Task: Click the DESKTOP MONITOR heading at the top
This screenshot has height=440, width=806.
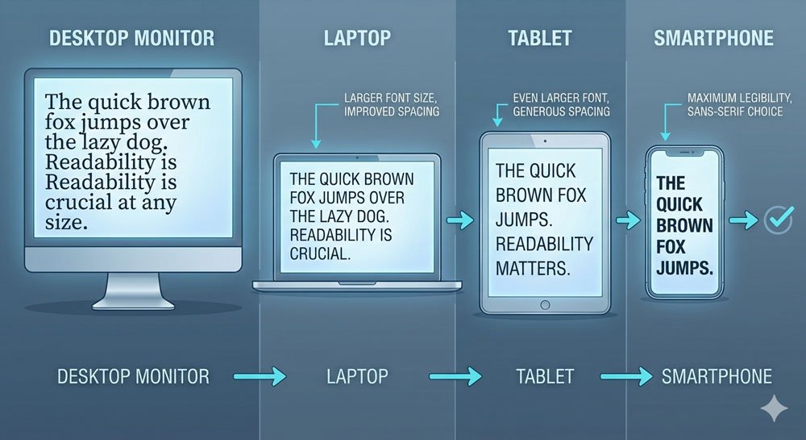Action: [x=131, y=38]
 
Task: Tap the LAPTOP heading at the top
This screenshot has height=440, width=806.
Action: [x=357, y=38]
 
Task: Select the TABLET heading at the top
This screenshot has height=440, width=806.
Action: [x=540, y=38]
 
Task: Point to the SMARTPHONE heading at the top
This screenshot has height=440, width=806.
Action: [x=713, y=38]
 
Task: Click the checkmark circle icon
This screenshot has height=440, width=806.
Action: [x=779, y=220]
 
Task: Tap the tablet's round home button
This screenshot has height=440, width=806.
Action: [x=546, y=305]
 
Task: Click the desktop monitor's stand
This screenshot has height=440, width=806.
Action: [x=133, y=291]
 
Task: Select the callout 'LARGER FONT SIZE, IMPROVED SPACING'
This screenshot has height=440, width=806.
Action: [x=392, y=104]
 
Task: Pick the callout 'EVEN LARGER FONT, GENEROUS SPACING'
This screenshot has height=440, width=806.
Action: [x=561, y=104]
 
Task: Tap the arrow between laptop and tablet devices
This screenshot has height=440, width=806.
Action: [x=460, y=220]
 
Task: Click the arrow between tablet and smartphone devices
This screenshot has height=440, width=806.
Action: [x=628, y=220]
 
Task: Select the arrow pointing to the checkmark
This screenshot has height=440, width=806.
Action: [x=743, y=220]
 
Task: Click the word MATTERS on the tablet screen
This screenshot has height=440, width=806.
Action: [x=533, y=268]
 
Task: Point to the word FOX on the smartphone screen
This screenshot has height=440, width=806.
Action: [x=671, y=247]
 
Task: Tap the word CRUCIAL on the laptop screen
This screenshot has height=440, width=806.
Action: [x=320, y=254]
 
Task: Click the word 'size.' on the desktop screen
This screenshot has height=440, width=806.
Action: [x=66, y=222]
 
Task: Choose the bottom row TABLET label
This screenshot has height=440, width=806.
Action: [x=545, y=376]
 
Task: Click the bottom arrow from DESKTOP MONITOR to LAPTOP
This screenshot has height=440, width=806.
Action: [x=260, y=376]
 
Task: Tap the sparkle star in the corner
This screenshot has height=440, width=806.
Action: [x=774, y=409]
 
